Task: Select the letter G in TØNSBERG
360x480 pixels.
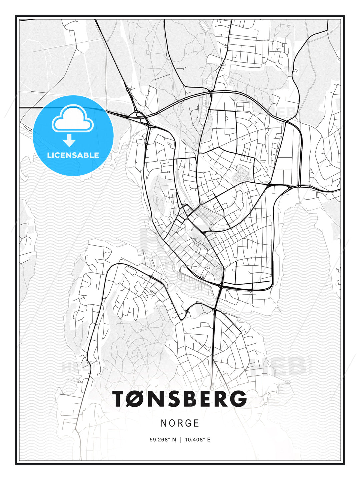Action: click(x=237, y=399)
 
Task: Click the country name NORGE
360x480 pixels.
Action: click(x=180, y=423)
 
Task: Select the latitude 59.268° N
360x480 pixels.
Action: click(x=163, y=440)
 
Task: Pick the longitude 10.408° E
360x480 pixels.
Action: click(x=197, y=440)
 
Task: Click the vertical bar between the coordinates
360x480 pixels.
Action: click(x=181, y=440)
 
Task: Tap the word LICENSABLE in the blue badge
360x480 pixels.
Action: click(x=73, y=155)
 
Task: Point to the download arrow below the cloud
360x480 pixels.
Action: click(x=69, y=140)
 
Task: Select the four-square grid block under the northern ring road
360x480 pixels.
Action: click(x=243, y=107)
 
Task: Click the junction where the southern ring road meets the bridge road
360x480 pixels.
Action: click(x=221, y=286)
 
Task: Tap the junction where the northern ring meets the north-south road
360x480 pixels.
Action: click(x=210, y=92)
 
